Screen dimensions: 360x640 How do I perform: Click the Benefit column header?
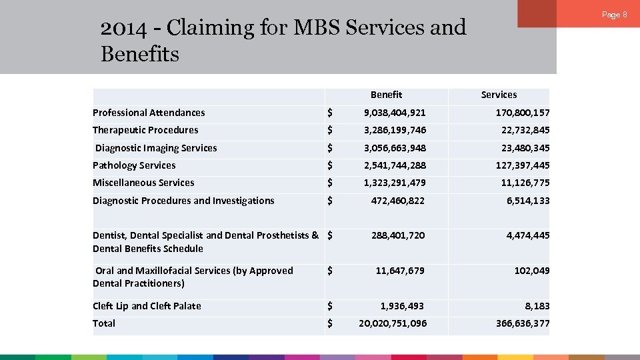(x=386, y=95)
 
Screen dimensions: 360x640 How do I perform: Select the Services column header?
(x=499, y=95)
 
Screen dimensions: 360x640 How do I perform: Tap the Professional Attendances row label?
(x=149, y=113)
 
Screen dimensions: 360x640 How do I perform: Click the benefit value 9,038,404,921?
(x=395, y=113)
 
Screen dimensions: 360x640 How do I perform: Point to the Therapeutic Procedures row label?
(x=145, y=130)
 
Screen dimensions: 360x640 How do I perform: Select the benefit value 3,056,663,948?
(x=395, y=148)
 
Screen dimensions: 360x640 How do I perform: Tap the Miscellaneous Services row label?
(x=143, y=183)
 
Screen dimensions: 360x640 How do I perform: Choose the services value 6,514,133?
(x=527, y=201)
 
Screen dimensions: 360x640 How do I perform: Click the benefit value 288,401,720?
(x=398, y=235)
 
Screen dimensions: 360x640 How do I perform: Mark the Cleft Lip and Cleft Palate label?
(x=147, y=306)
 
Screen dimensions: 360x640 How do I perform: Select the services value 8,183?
(x=537, y=306)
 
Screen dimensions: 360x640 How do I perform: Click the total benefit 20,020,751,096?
(x=393, y=323)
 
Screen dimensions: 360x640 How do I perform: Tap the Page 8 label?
(x=615, y=15)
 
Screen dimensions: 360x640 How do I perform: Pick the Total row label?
(x=104, y=323)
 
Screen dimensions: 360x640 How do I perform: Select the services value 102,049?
(x=532, y=271)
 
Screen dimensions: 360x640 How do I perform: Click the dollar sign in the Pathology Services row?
(x=330, y=165)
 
